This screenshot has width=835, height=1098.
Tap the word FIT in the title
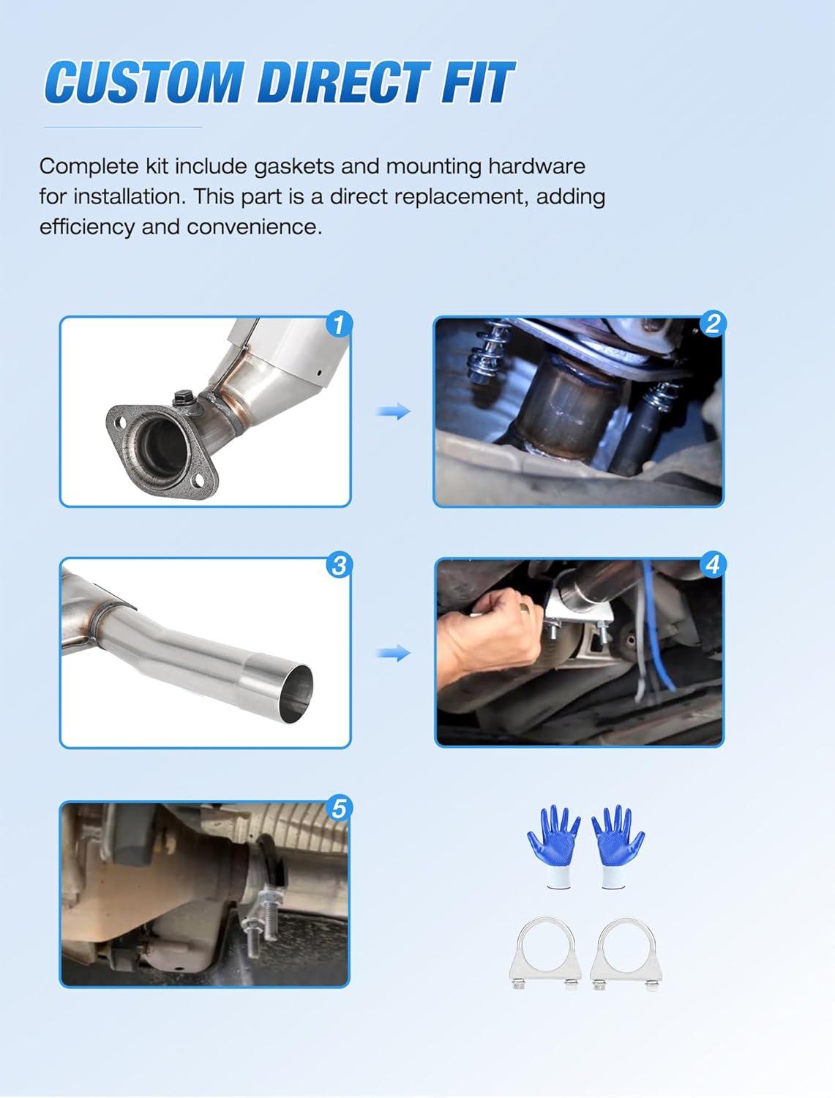tap(477, 82)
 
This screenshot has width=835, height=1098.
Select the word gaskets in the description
tap(294, 167)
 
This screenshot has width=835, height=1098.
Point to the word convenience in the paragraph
tap(255, 227)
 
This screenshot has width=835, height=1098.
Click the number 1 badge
tap(339, 324)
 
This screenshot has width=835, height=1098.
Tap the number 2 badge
tap(713, 324)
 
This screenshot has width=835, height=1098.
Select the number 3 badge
tap(339, 565)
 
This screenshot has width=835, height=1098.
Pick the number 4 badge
tap(713, 565)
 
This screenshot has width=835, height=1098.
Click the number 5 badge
tap(339, 808)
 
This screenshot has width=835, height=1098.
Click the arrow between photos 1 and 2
tap(394, 411)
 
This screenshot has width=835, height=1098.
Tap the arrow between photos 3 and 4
tap(394, 653)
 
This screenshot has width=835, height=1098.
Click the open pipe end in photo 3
tap(296, 693)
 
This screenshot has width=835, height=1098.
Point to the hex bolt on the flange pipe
tap(181, 399)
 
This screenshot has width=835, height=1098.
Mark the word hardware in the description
tap(536, 167)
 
